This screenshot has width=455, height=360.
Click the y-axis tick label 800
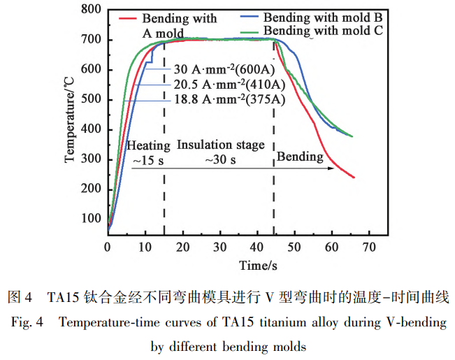[x=90, y=10]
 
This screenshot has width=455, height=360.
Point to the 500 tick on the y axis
[x=90, y=99]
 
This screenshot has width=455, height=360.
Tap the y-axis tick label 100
[x=90, y=218]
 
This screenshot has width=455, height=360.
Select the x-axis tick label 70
[x=370, y=247]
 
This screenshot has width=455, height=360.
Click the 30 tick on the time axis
[x=219, y=247]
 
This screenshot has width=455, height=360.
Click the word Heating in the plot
[x=147, y=145]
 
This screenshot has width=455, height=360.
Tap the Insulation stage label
[x=220, y=145]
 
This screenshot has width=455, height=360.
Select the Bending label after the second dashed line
[x=300, y=157]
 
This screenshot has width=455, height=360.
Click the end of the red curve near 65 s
[x=354, y=178]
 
